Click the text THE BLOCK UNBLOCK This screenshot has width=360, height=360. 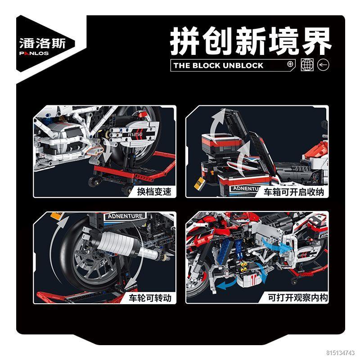point(219,65)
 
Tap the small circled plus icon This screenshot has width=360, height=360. point(290,64)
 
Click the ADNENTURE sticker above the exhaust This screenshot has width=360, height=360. point(125,216)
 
